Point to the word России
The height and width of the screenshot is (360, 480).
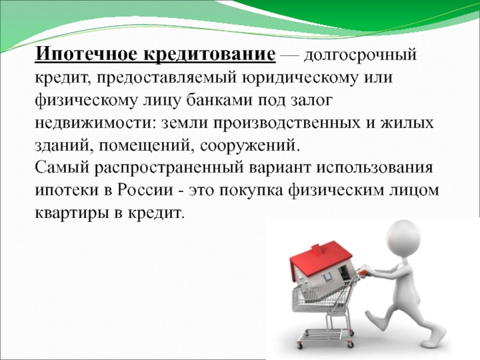click(145, 190)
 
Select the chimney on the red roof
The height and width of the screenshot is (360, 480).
click(317, 250)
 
